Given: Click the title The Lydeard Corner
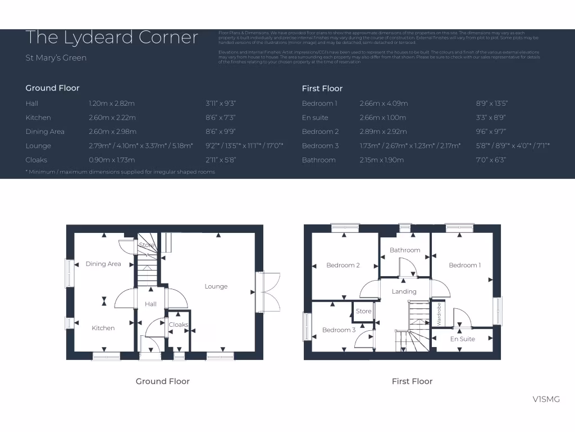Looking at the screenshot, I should pos(112,38).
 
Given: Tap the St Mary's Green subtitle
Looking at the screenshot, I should pos(56,58).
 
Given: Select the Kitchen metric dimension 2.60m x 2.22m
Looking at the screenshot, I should pos(112,118).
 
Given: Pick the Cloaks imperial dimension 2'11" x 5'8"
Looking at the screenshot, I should pos(221,160).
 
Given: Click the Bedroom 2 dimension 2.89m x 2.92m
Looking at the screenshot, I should pos(383,132).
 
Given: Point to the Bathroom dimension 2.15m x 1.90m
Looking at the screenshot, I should pos(382,160).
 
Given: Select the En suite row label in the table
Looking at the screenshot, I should pos(315,118).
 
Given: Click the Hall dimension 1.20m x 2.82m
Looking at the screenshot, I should pos(112,103).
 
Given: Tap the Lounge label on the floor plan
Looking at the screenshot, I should pos(216,286).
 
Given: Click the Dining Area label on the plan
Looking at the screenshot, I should pos(103,264).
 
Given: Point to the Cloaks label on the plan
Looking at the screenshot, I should pos(179,325).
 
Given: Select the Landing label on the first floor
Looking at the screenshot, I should pos(404,291).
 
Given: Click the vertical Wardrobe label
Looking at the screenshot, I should pos(439,314).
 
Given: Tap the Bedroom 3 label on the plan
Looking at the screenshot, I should pos(339,330).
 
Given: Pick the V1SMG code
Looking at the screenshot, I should pos(546,399).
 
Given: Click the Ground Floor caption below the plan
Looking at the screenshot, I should pos(162,381).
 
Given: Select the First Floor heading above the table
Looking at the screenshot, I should pos(322,88).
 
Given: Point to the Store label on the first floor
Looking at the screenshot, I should pos(363,311).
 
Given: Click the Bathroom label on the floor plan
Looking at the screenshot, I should pos(405,250).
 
